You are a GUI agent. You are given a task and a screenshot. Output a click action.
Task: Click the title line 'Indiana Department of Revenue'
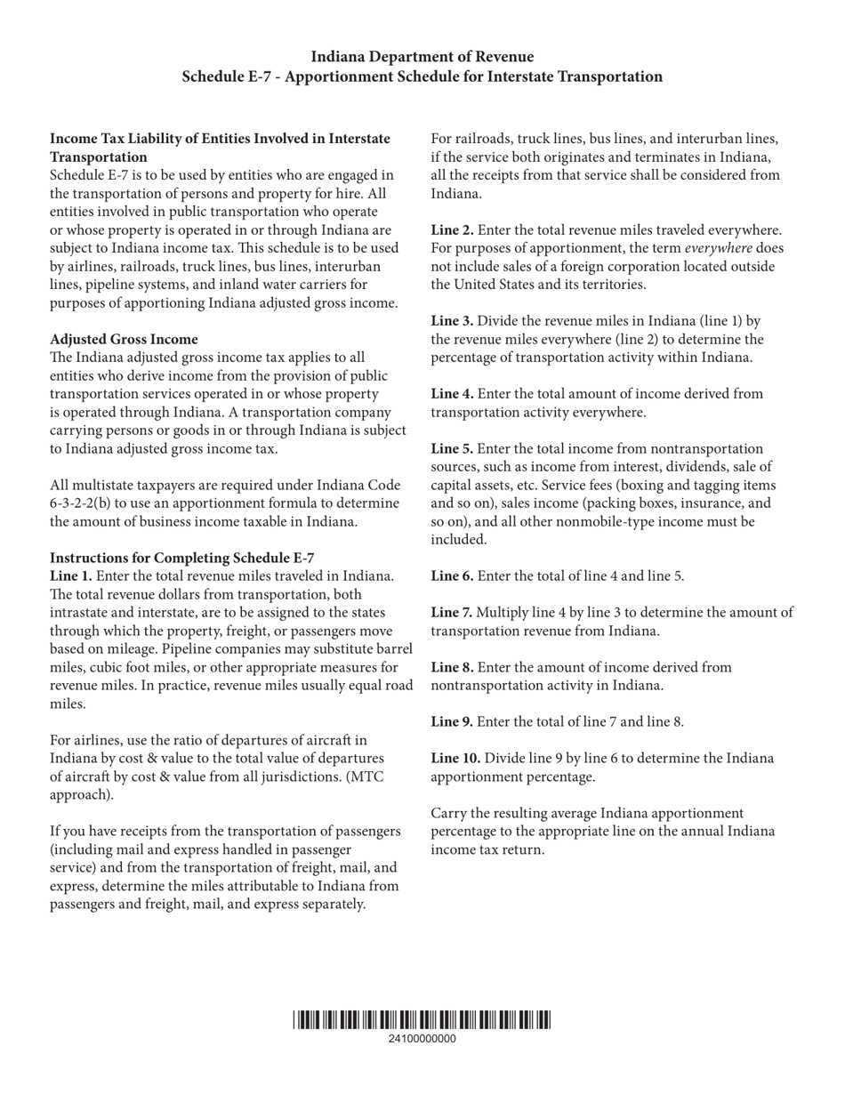tap(422, 57)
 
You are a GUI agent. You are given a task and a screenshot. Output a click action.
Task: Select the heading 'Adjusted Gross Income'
tap(124, 339)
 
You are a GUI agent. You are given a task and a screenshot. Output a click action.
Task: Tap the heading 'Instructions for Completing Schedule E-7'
tap(181, 558)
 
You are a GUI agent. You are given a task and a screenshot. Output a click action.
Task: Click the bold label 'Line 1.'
tap(70, 576)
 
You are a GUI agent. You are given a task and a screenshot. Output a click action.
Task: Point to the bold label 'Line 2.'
tap(452, 230)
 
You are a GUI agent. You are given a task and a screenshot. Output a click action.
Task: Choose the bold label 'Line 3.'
tap(452, 321)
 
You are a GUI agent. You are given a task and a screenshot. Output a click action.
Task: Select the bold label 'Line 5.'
tap(452, 448)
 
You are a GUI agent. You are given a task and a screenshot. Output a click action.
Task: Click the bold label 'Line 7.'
tap(452, 613)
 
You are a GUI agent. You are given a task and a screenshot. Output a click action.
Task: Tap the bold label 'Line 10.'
tap(455, 759)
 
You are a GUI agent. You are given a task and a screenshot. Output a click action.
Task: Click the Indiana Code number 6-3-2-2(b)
tap(86, 503)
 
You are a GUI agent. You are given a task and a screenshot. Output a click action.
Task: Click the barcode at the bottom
tap(422, 1020)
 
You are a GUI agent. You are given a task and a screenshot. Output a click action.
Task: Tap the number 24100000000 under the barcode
tap(422, 1039)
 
